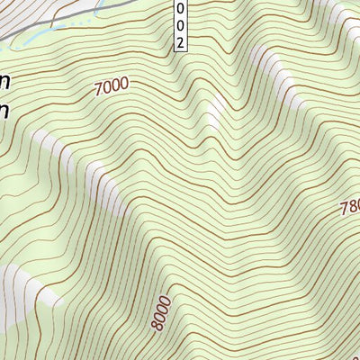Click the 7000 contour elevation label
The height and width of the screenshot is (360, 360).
pyautogui.click(x=111, y=86)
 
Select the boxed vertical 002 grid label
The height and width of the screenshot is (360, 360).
pyautogui.click(x=181, y=24)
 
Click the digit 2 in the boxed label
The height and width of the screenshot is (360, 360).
pyautogui.click(x=181, y=41)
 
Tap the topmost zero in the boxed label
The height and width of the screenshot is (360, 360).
pyautogui.click(x=181, y=8)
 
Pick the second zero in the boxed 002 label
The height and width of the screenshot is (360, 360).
pyautogui.click(x=181, y=24)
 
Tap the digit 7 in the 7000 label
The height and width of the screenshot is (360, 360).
pyautogui.click(x=97, y=90)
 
